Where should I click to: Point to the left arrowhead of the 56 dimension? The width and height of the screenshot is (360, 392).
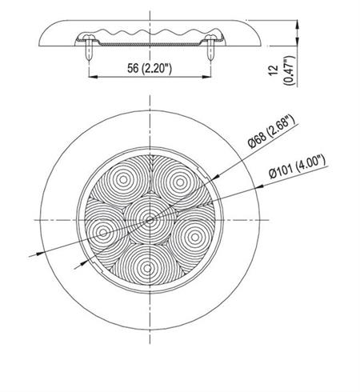click(90, 77)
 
